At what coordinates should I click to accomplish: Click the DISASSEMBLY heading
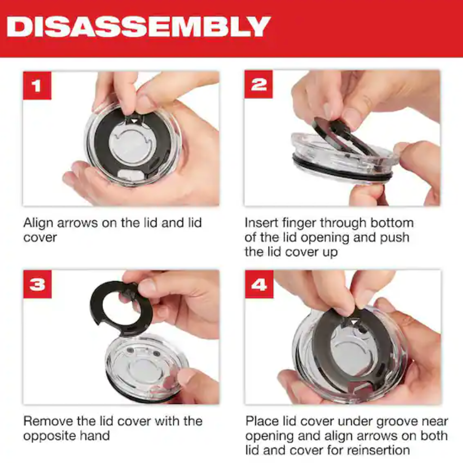tap(138, 26)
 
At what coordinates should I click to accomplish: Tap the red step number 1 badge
tap(37, 85)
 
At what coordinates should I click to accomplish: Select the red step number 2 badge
tap(258, 85)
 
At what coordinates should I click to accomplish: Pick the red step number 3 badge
tap(37, 284)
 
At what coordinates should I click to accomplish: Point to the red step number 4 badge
tap(259, 284)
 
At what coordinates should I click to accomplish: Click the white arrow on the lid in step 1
tap(134, 121)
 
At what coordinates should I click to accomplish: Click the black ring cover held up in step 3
tap(97, 307)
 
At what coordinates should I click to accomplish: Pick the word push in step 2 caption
tap(394, 238)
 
